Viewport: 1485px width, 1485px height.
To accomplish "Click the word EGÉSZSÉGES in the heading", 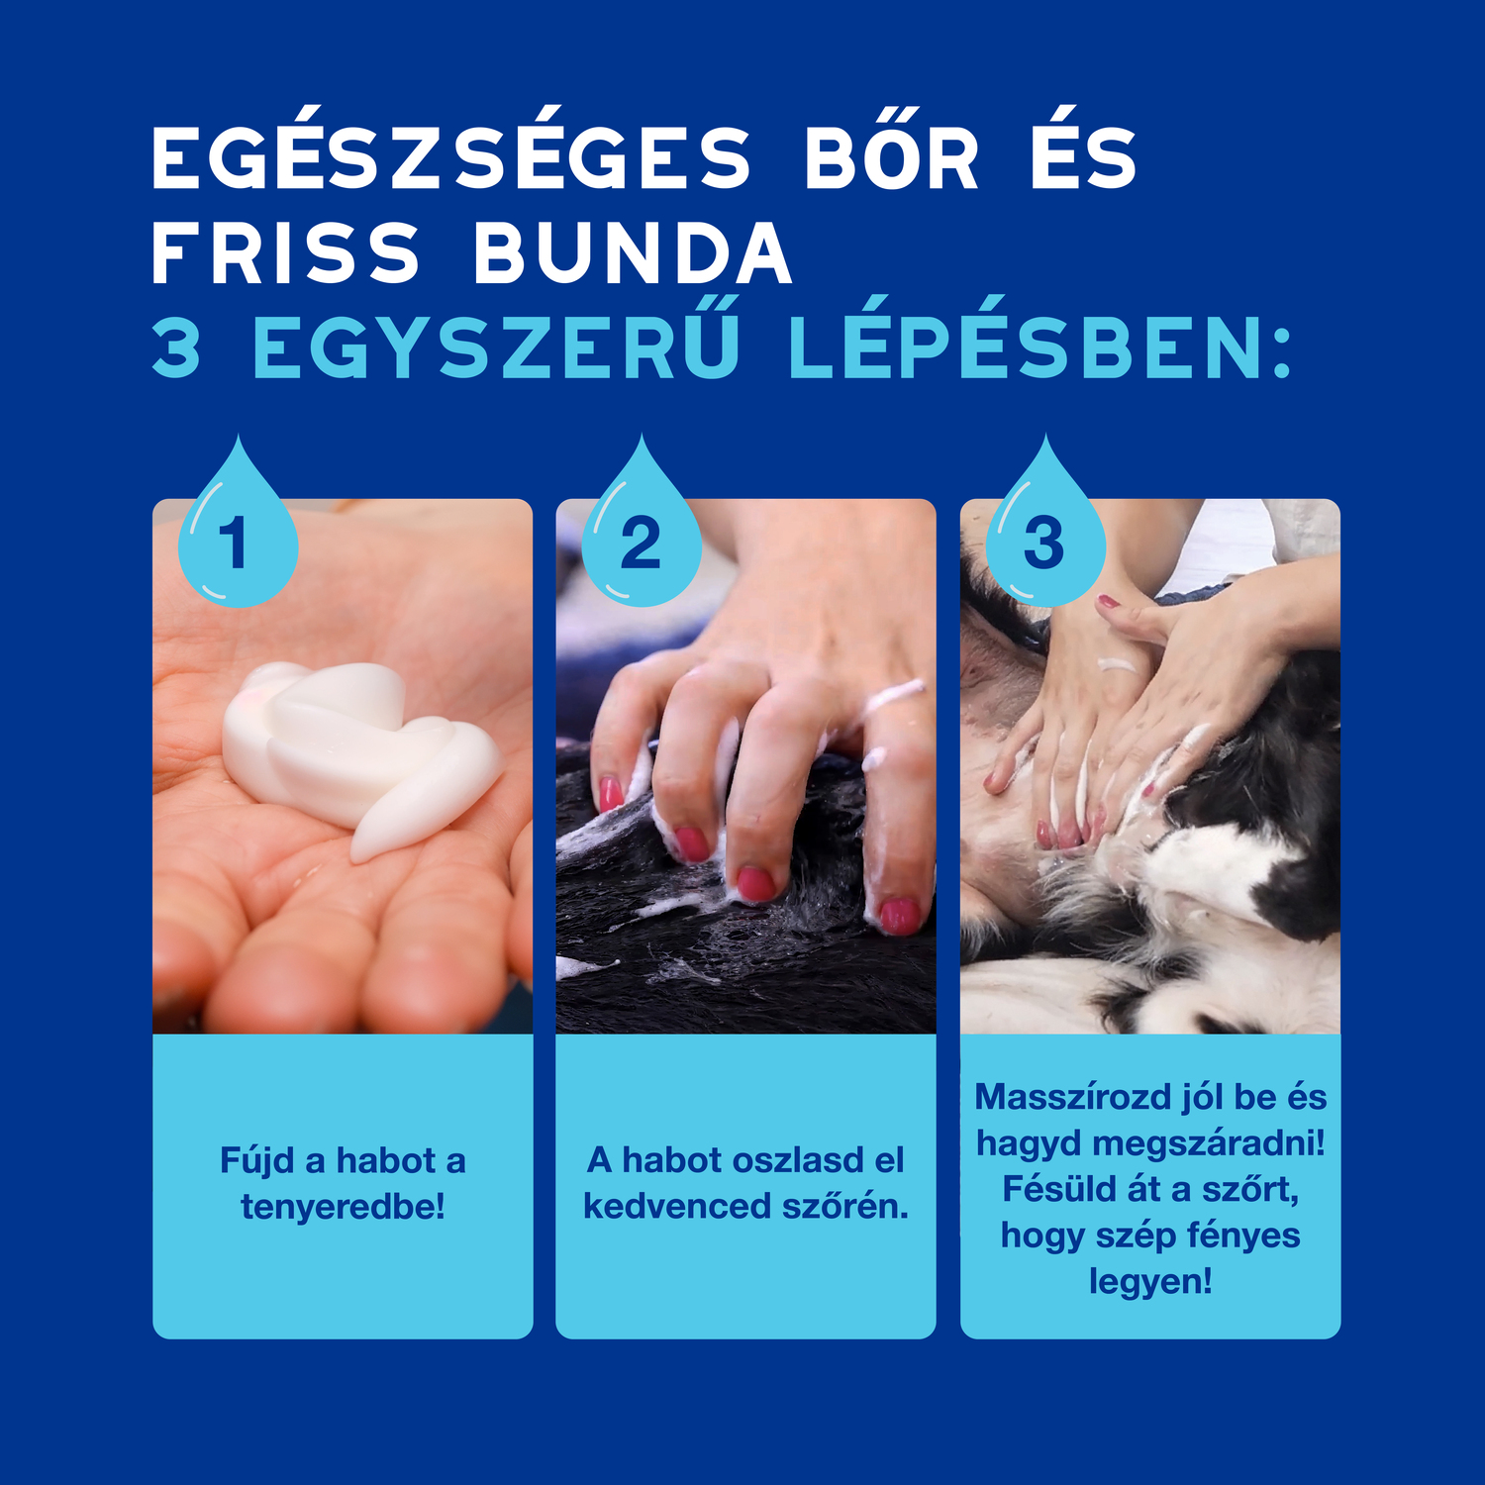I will point(451,158).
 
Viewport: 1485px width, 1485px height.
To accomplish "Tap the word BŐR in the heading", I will point(891,158).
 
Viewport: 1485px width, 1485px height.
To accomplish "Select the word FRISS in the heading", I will point(287,253).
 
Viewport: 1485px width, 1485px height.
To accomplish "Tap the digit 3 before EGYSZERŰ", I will point(177,348).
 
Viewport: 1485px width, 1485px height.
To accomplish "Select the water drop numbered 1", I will point(237,535).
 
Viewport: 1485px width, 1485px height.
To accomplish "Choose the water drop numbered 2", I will point(642,535).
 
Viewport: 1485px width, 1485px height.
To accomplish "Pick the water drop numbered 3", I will point(1044,535).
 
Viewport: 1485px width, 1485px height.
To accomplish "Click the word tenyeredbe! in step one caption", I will point(343,1207).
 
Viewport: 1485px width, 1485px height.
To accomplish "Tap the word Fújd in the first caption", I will point(257,1160).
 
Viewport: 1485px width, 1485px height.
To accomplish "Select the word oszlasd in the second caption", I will point(780,1160).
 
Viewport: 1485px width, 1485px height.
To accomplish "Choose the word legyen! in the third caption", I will point(1150,1282).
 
